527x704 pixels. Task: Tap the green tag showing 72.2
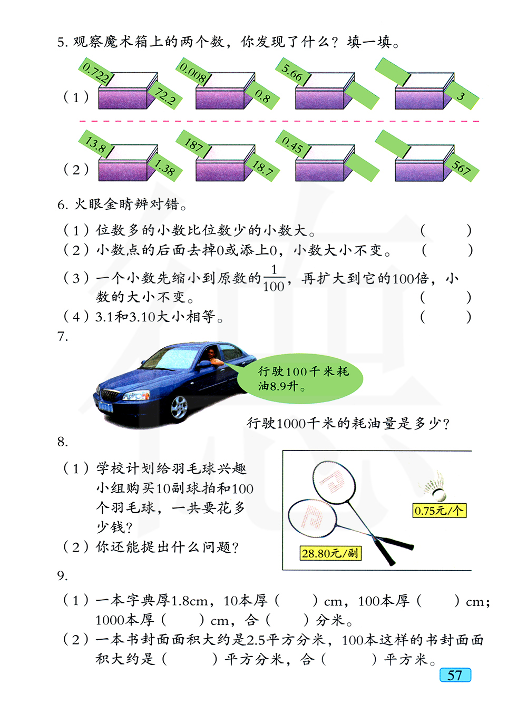tap(165, 96)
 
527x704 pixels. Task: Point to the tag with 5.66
tap(292, 73)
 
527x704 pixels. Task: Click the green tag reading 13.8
tap(96, 144)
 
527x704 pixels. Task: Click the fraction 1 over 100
tap(274, 278)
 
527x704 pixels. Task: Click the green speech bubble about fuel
tap(301, 379)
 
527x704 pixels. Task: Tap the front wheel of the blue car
tap(179, 407)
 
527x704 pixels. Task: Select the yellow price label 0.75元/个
tap(439, 510)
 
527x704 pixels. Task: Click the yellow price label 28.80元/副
tap(330, 553)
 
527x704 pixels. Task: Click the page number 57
tap(455, 675)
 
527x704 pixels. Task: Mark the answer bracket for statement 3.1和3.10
tap(445, 317)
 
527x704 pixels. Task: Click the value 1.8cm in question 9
tap(190, 601)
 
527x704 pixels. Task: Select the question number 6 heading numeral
tap(61, 204)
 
